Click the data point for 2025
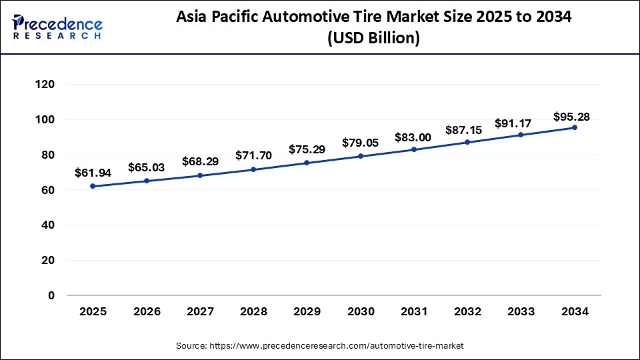[93, 186]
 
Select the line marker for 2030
[361, 156]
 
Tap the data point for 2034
[575, 127]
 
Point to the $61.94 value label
[93, 173]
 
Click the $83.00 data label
[414, 137]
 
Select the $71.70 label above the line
[253, 155]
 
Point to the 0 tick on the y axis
[51, 295]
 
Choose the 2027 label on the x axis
[200, 311]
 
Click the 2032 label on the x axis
[467, 311]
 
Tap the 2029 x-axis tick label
[307, 311]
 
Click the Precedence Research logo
[57, 26]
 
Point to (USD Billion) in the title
[373, 39]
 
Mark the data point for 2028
[253, 169]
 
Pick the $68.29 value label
[200, 161]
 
